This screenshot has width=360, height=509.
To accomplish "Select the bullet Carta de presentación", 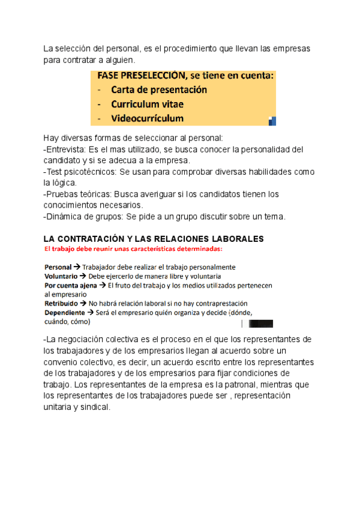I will pos(159,90).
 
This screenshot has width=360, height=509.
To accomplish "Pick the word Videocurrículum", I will pos(148,118).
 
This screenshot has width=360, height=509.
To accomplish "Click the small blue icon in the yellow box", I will pos(272,120).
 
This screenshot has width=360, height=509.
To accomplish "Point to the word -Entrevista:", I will pos(65,149).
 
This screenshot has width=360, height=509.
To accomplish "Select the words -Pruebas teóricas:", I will pos(77,194).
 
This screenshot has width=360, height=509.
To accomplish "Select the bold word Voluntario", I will pos(61,276).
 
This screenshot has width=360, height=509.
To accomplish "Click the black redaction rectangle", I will pos(260,324).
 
